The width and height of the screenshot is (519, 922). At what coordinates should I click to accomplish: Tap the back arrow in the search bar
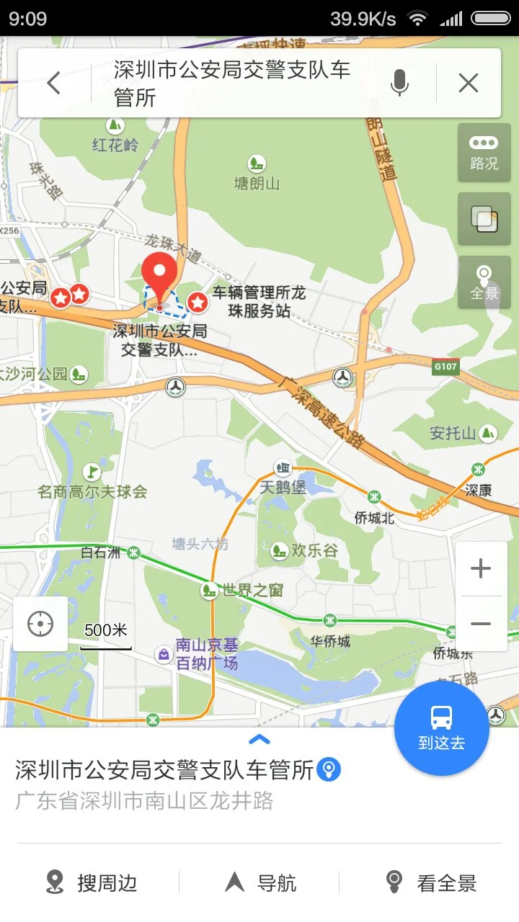[x=54, y=84]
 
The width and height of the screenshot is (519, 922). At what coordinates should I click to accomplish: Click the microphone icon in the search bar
[x=399, y=84]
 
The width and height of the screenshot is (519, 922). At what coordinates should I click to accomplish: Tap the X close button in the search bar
[x=469, y=84]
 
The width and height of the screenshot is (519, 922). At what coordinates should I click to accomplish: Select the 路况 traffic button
[x=484, y=153]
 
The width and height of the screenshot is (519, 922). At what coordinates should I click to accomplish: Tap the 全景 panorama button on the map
[x=484, y=282]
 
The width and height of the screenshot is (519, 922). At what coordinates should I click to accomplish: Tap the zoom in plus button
[x=481, y=569]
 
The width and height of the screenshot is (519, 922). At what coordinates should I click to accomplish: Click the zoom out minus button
[x=481, y=624]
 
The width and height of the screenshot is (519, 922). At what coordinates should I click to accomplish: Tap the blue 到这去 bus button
[x=441, y=728]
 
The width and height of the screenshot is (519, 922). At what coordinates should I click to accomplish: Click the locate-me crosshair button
[x=40, y=624]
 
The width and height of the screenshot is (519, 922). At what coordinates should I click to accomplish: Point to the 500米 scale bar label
[x=106, y=630]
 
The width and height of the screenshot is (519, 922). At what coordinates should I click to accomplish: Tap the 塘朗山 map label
[x=257, y=183]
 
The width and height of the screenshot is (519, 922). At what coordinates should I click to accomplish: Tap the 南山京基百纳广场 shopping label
[x=206, y=654]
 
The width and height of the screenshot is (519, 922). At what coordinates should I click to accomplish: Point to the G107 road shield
[x=445, y=367]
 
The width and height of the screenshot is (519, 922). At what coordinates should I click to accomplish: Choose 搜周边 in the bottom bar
[x=92, y=882]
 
